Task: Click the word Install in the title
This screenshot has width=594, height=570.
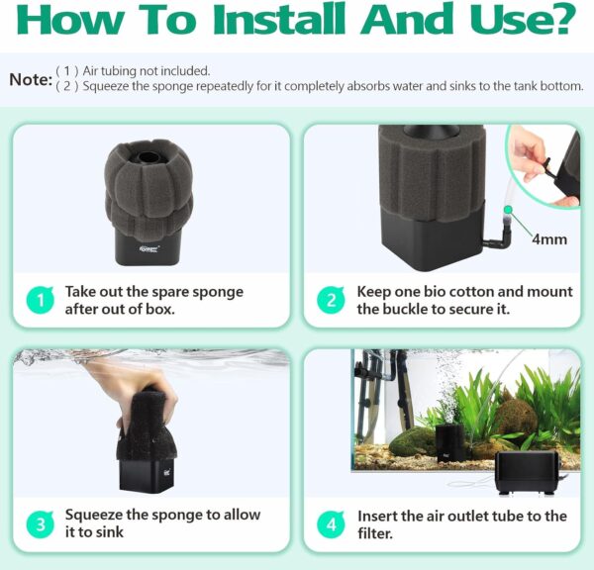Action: [279, 19]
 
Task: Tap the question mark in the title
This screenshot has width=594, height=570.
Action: [561, 19]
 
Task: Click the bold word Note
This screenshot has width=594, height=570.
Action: [31, 79]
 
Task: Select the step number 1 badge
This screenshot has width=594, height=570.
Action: [41, 301]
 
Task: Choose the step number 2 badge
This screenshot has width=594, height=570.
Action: [331, 301]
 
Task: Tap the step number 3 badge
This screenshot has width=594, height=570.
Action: [41, 524]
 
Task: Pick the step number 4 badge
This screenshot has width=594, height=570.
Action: [331, 524]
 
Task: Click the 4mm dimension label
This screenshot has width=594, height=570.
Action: [548, 239]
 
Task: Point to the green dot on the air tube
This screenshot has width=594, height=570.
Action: [508, 210]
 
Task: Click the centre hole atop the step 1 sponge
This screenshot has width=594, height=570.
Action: [148, 156]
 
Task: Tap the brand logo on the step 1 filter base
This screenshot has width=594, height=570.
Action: [149, 248]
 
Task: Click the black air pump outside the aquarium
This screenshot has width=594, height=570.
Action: [527, 473]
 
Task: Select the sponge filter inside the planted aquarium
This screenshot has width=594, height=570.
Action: [449, 442]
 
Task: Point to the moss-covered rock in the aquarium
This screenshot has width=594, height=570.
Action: [518, 420]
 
